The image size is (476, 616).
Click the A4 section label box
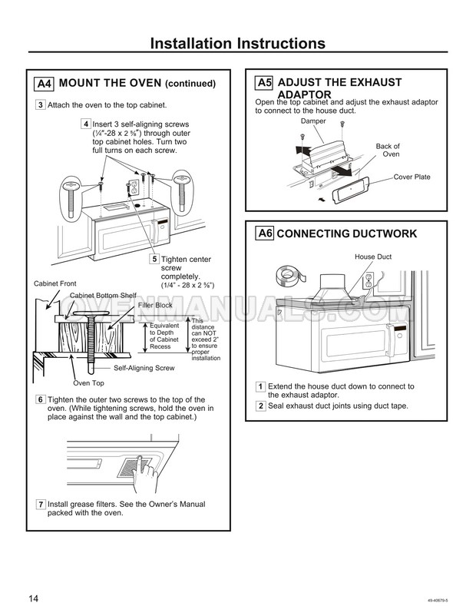pyautogui.click(x=45, y=83)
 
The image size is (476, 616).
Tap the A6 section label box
pyautogui.click(x=263, y=233)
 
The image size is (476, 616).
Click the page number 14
pyautogui.click(x=35, y=598)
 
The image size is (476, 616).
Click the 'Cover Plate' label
pyautogui.click(x=412, y=177)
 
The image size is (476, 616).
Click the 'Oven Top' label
pyautogui.click(x=88, y=382)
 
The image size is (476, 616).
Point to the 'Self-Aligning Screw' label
pyautogui.click(x=144, y=369)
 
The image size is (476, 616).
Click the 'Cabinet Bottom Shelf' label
pyautogui.click(x=104, y=295)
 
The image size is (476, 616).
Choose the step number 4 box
pyautogui.click(x=84, y=124)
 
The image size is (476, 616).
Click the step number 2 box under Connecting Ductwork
pyautogui.click(x=261, y=406)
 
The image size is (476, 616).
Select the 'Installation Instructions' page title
pyautogui.click(x=237, y=42)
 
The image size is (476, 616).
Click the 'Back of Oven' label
pyautogui.click(x=388, y=150)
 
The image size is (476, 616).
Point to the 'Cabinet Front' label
pyautogui.click(x=51, y=283)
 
